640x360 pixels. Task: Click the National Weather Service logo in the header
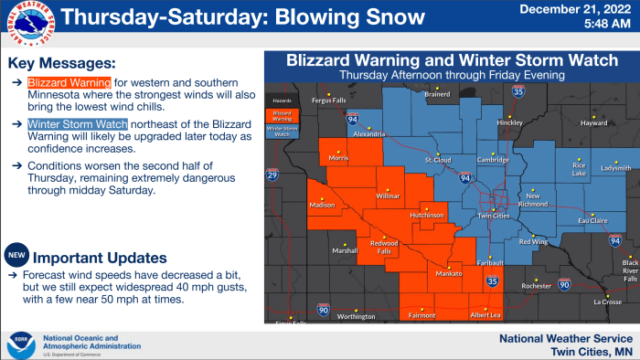tap(29, 23)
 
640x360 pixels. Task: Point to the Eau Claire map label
tap(593, 220)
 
